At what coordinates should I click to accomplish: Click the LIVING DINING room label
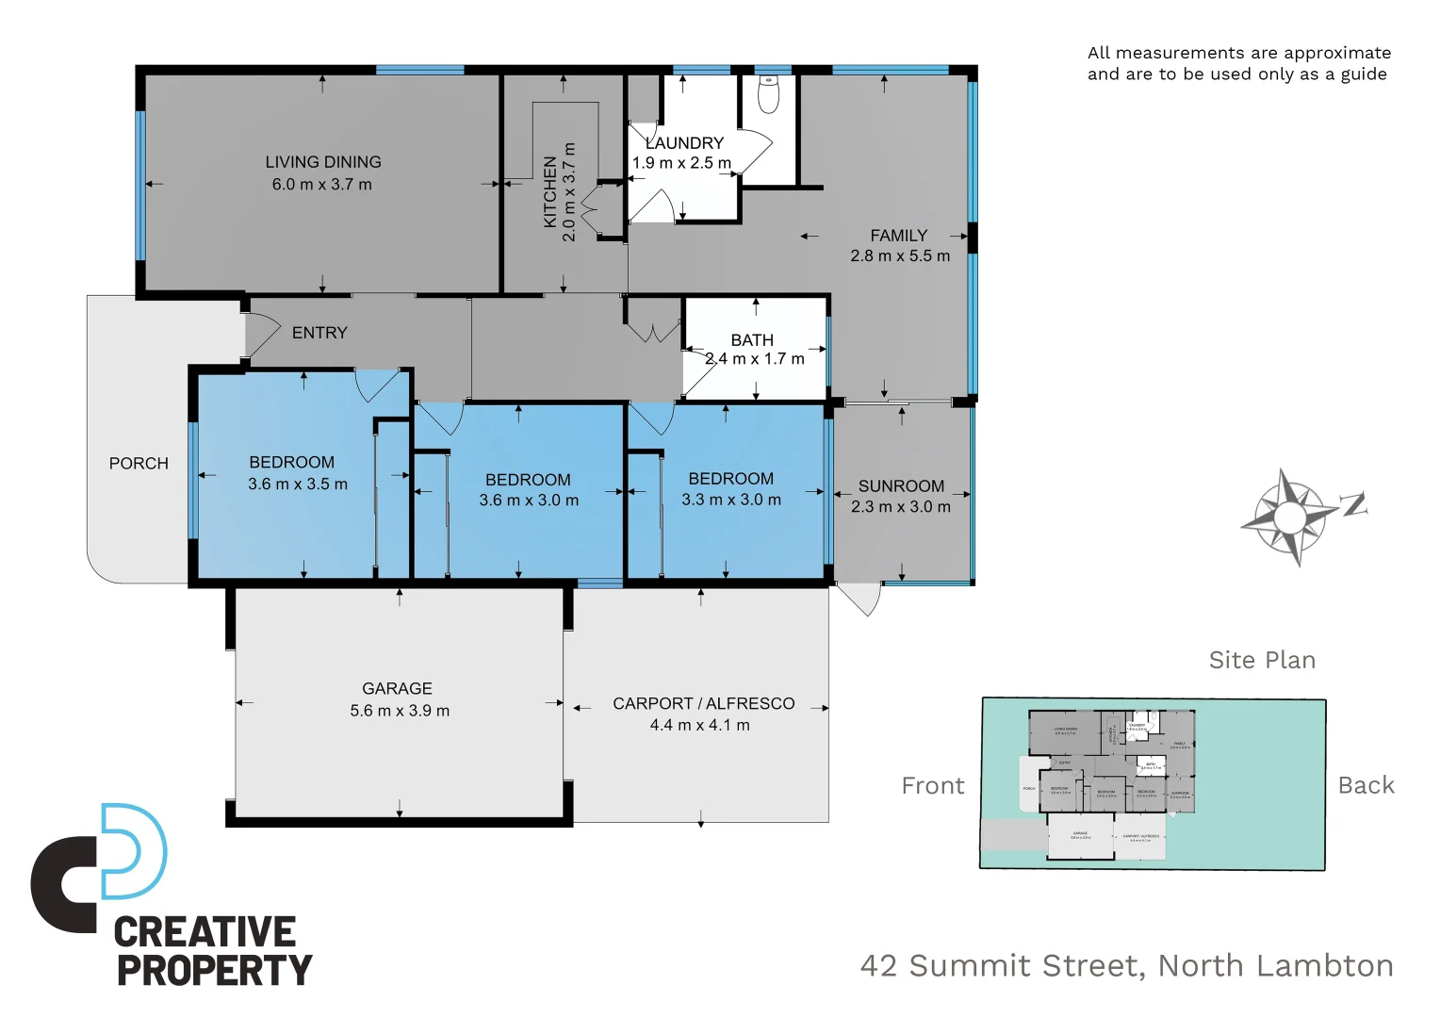coord(322,162)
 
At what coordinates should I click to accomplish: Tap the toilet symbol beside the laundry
coord(769,94)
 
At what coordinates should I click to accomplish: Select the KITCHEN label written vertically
coord(550,192)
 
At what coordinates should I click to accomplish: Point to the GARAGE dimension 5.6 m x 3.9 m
coord(400,711)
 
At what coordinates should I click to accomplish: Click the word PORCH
coord(139,464)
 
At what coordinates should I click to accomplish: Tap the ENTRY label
coord(319,333)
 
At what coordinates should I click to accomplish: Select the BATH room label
coord(752,340)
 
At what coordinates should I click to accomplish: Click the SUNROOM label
coord(901,486)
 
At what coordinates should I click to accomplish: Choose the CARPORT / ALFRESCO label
coord(703,703)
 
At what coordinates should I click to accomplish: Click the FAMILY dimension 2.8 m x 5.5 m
coord(900,255)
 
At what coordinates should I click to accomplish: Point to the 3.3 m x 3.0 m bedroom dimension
coord(731,500)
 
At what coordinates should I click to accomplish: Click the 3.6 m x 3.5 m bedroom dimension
coord(298,484)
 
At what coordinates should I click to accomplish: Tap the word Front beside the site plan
coord(932,786)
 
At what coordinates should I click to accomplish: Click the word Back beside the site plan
coord(1366,785)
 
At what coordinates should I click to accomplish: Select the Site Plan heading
coord(1262,660)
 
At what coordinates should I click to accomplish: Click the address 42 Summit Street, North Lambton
coord(1126,966)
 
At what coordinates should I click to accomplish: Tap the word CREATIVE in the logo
coord(205,932)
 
